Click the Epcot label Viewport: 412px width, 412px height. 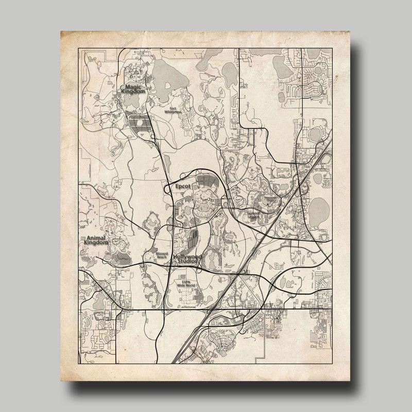point(182,186)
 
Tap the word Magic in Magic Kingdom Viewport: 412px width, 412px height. point(132,87)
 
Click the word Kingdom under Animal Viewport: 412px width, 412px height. point(95,244)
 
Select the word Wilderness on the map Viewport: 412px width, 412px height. point(174,111)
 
